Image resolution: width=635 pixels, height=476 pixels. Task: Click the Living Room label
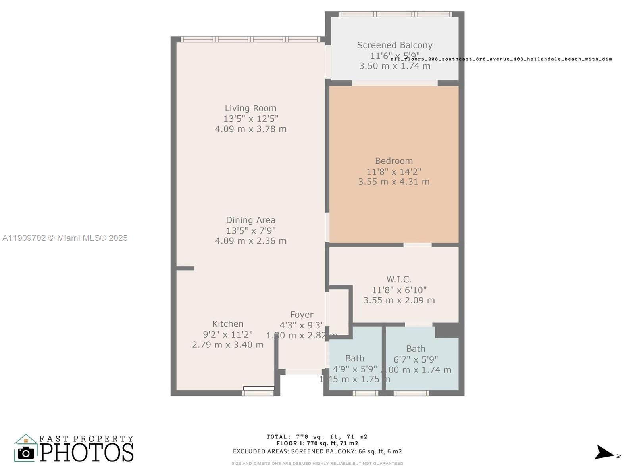coord(250,108)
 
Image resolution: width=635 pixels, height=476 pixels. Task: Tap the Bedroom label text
coord(394,161)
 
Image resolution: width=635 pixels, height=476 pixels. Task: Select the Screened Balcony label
coord(394,45)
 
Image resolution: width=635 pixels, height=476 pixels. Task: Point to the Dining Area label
coord(250,220)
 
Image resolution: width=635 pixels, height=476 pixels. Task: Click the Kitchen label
coord(227,324)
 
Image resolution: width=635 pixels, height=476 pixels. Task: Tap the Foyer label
coord(302,315)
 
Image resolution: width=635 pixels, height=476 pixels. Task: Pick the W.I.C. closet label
coord(399,280)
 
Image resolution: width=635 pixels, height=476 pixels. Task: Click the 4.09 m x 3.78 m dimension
coord(250,129)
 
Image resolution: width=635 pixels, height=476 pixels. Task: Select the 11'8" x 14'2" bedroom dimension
coord(394,171)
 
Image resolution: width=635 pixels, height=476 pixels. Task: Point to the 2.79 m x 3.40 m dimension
coord(227,345)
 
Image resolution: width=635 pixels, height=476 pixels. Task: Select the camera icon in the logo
coord(26,453)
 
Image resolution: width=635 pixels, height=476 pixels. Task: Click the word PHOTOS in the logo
coord(87,453)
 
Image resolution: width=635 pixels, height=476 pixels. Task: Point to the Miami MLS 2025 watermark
coord(65,238)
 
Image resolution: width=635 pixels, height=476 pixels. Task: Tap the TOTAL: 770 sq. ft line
coord(317,437)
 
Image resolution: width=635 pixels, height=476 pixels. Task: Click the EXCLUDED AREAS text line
coord(317,451)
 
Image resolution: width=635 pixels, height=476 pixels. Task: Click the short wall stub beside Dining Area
coord(185,269)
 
